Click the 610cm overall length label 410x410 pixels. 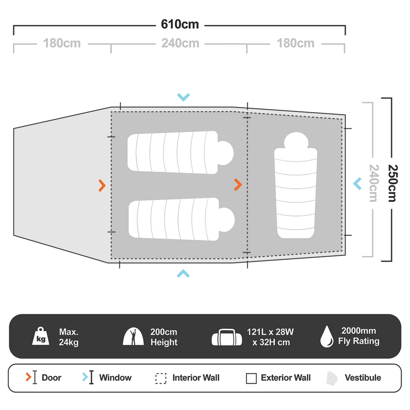coord(180,25)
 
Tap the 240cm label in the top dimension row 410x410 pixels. coord(180,43)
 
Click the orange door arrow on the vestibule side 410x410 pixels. coord(102,185)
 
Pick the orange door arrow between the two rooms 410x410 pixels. coord(238,185)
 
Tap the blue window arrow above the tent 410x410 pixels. coord(183,97)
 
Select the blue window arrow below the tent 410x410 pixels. coord(183,273)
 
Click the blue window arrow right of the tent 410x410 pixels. coord(358,183)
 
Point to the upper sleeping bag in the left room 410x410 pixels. coord(180,152)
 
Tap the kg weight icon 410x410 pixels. coord(41,337)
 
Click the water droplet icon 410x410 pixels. coord(327,337)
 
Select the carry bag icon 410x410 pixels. coord(224,337)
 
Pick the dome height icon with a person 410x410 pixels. coord(134,337)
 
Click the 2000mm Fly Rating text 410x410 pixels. coord(358,336)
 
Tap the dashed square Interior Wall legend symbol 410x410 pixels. coord(161,378)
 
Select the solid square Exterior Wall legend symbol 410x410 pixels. coord(251,378)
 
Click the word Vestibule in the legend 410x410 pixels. coord(363,378)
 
